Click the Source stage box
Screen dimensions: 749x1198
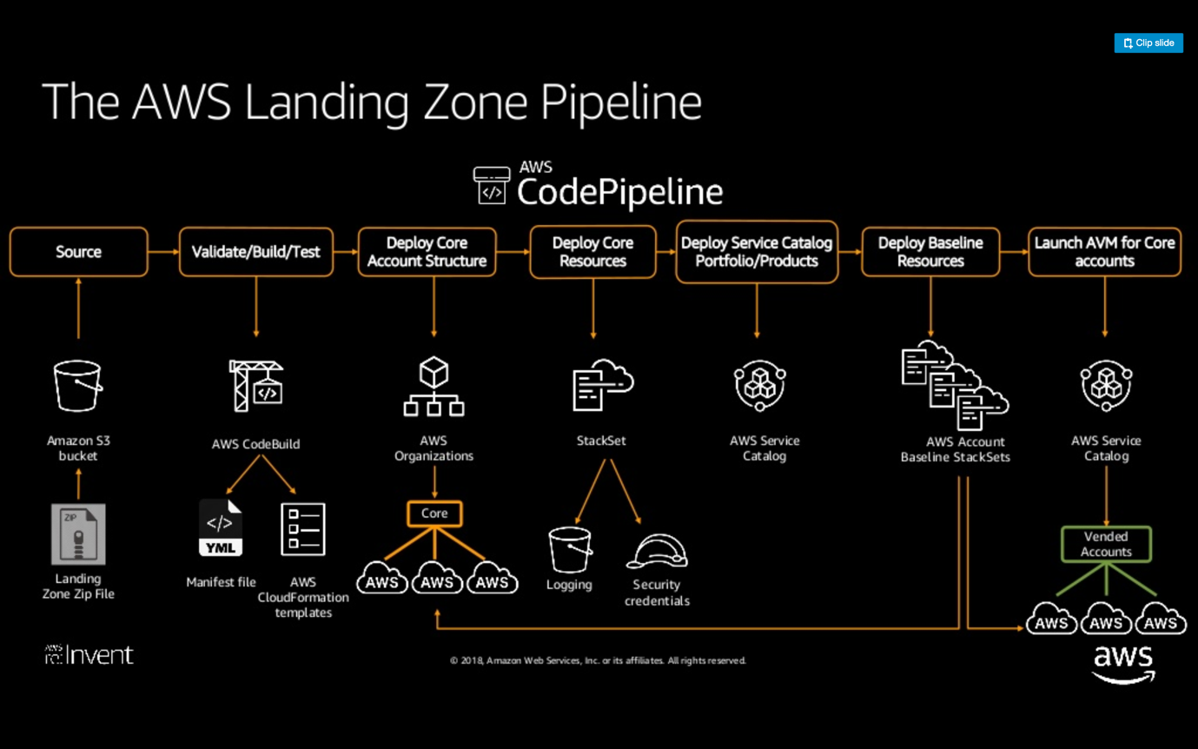point(78,252)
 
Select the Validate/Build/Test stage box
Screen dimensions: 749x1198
point(255,252)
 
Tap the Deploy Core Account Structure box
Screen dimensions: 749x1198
point(427,252)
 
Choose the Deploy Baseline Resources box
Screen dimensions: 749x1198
point(930,252)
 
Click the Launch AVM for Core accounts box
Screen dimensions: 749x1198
point(1104,252)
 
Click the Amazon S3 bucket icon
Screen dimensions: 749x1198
point(77,387)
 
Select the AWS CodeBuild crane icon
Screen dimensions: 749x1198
point(255,385)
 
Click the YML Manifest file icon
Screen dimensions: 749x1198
point(220,528)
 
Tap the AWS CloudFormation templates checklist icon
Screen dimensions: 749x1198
point(303,529)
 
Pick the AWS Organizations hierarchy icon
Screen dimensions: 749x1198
point(434,388)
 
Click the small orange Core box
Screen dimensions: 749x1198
point(434,514)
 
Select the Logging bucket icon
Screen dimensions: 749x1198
point(570,550)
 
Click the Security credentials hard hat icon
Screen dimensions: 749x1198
point(657,552)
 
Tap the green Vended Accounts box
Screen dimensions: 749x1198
point(1106,544)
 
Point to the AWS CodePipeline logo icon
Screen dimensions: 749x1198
point(492,185)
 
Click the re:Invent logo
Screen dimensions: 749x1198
point(89,654)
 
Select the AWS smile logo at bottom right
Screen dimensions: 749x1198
point(1122,665)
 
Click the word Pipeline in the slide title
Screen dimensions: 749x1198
point(620,102)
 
